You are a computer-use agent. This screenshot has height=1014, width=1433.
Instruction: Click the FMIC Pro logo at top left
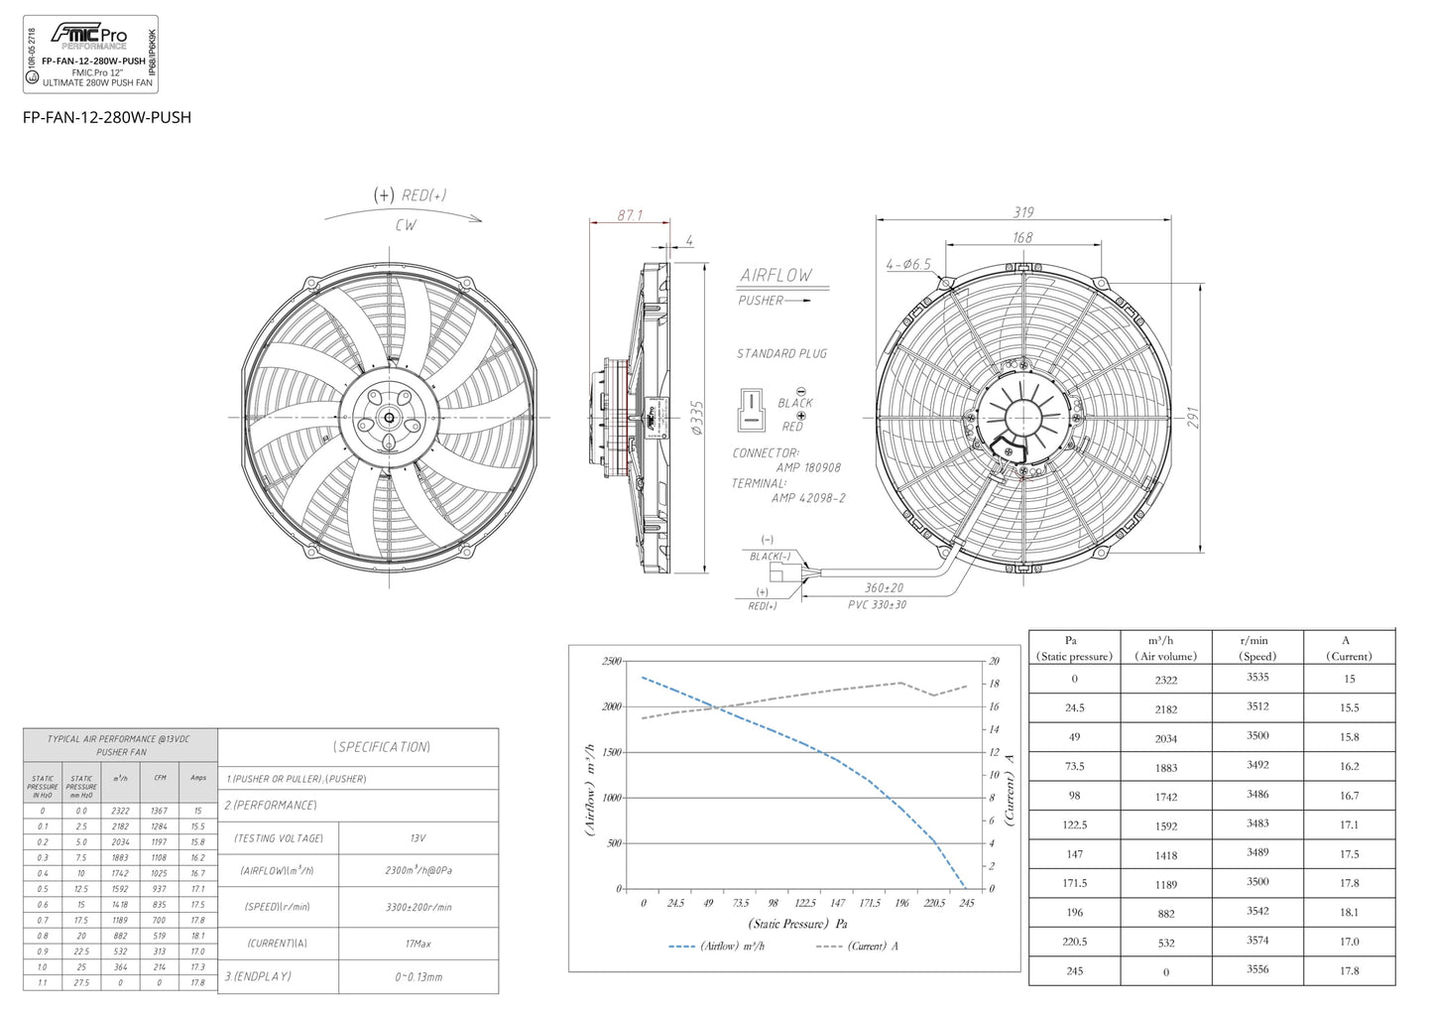pyautogui.click(x=89, y=36)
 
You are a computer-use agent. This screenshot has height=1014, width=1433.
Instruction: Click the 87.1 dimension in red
pyautogui.click(x=630, y=215)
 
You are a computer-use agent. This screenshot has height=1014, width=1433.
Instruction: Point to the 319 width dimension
pyautogui.click(x=1023, y=212)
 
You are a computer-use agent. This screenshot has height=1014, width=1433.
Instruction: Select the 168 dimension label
pyautogui.click(x=1022, y=238)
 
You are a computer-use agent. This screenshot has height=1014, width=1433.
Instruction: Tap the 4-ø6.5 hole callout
pyautogui.click(x=908, y=265)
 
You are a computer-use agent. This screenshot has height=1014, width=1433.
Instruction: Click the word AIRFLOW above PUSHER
pyautogui.click(x=776, y=275)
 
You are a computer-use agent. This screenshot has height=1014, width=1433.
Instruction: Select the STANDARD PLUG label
pyautogui.click(x=781, y=353)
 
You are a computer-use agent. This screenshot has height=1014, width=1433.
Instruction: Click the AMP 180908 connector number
pyautogui.click(x=808, y=467)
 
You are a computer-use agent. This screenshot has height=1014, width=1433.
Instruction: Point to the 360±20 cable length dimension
pyautogui.click(x=884, y=588)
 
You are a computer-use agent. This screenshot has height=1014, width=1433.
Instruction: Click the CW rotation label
pyautogui.click(x=406, y=225)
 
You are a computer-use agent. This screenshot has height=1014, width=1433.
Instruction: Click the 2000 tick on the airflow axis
pyautogui.click(x=611, y=706)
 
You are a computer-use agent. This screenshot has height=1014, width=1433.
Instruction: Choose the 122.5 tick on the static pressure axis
pyautogui.click(x=805, y=903)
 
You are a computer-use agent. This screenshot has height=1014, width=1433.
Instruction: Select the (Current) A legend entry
pyautogui.click(x=859, y=947)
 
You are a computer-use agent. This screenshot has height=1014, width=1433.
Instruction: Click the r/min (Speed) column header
pyautogui.click(x=1257, y=648)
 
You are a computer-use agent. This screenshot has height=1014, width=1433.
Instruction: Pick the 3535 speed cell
pyautogui.click(x=1257, y=678)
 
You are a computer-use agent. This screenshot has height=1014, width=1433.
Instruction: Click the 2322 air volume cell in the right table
pyautogui.click(x=1166, y=680)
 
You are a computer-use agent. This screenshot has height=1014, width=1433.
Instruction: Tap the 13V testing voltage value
pyautogui.click(x=418, y=838)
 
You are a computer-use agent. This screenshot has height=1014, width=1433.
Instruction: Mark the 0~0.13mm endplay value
pyautogui.click(x=418, y=977)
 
